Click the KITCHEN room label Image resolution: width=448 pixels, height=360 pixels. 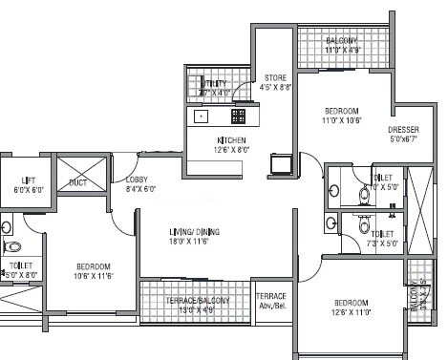(230, 139)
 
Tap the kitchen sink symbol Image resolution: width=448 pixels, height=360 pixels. (203, 116)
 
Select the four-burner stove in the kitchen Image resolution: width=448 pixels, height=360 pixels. (239, 116)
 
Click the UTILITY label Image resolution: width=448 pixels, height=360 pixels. (216, 84)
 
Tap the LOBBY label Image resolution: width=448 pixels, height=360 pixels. (134, 179)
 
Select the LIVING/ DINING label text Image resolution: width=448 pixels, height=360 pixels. (169, 233)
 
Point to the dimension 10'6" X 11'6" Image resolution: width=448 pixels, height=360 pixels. (95, 276)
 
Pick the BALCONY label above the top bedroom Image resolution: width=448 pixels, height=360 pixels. (340, 41)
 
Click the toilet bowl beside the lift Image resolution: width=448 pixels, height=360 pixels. (6, 227)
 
